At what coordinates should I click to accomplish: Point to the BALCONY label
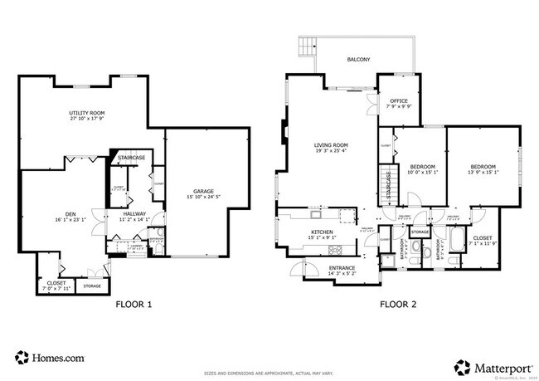coord(358,59)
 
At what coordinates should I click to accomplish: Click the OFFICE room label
coord(398,101)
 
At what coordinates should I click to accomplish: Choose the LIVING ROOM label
coord(330,146)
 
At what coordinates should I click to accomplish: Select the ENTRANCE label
coord(342,267)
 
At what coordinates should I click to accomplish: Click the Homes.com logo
coord(50,358)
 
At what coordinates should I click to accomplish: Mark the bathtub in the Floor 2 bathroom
coord(455,242)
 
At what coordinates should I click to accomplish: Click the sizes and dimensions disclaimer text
coord(269,374)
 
